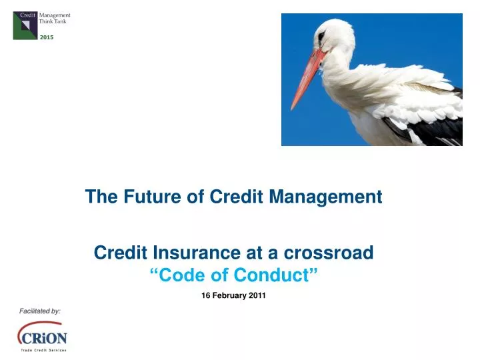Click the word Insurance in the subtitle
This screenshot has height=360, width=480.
coord(184,253)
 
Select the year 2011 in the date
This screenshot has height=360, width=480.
coord(257,295)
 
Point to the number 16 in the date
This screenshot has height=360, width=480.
coord(205,295)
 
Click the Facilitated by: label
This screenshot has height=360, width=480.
coord(40,311)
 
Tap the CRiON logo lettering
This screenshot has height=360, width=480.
coord(43,337)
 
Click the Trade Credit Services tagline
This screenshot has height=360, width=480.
coord(43,349)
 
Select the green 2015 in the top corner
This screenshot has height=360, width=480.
coord(46,37)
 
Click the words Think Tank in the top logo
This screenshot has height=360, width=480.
coord(53,21)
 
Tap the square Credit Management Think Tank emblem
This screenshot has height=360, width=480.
coord(26,25)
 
